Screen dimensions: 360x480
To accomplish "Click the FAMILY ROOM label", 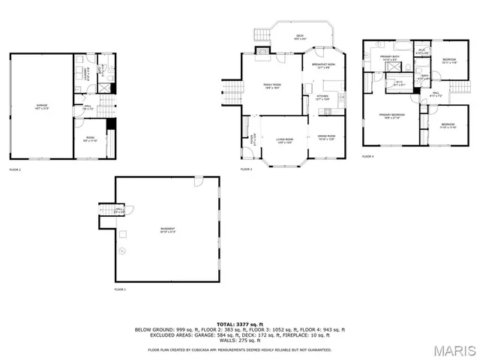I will coord(271,86).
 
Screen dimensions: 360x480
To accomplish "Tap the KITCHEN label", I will coord(322,97).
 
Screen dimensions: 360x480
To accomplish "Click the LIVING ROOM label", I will coord(283,141).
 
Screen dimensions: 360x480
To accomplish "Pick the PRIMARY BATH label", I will coord(388,58).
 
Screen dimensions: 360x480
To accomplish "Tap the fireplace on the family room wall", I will coord(262,51).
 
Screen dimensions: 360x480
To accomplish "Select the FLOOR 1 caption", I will coord(120,289).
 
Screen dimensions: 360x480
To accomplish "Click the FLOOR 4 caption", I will coord(367,156).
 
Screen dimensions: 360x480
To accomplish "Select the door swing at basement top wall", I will coord(197,183).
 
